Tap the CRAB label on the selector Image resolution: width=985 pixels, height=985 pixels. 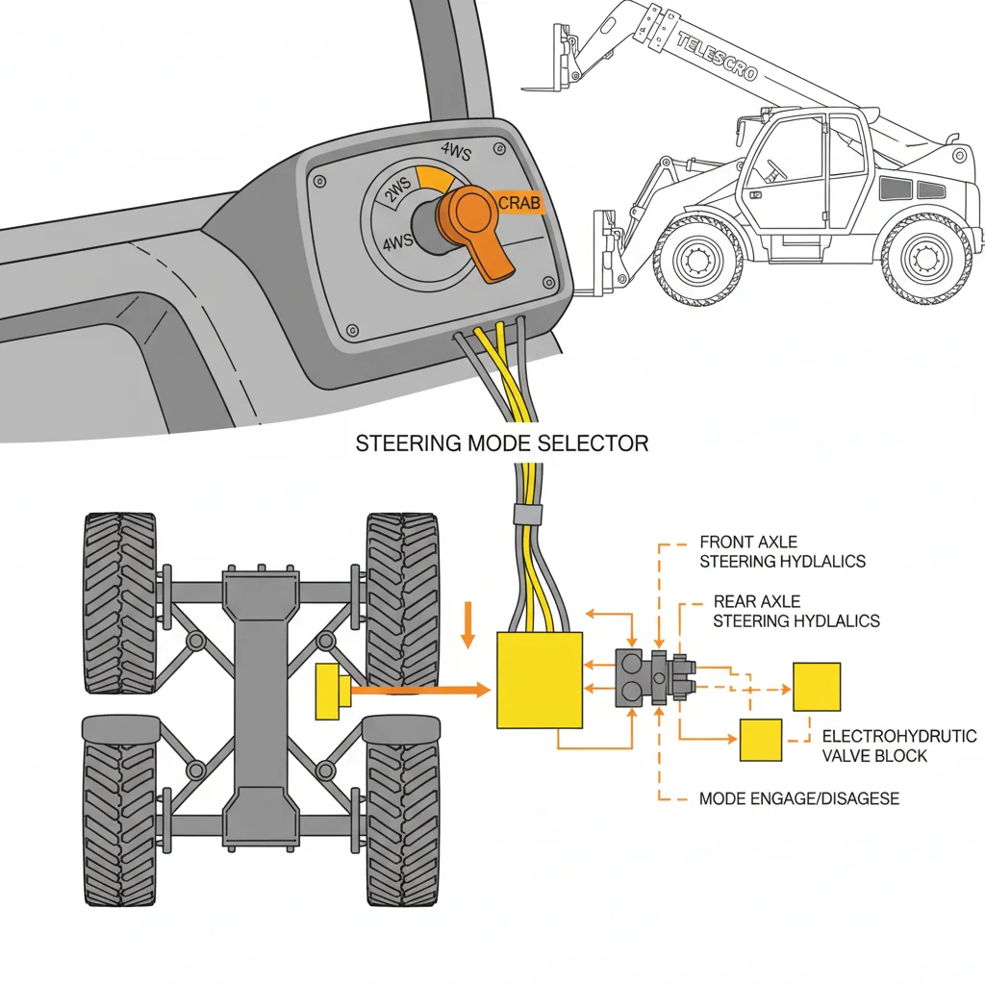coord(520,203)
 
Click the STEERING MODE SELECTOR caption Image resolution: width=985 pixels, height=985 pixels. coord(502,443)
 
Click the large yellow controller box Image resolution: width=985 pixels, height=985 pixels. coord(540,679)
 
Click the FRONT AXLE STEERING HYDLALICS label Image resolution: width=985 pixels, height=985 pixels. coord(782,552)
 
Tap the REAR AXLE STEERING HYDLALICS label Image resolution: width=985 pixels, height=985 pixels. coord(796,612)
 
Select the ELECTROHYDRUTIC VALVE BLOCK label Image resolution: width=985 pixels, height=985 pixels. coord(898,745)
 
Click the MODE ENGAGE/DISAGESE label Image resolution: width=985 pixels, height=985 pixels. coord(798,798)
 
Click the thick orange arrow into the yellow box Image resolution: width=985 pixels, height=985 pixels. coord(423,689)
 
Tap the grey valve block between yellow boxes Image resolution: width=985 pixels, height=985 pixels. coord(655,678)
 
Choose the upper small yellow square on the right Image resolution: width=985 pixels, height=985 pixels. coord(816,686)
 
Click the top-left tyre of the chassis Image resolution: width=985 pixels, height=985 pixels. coord(120,603)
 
